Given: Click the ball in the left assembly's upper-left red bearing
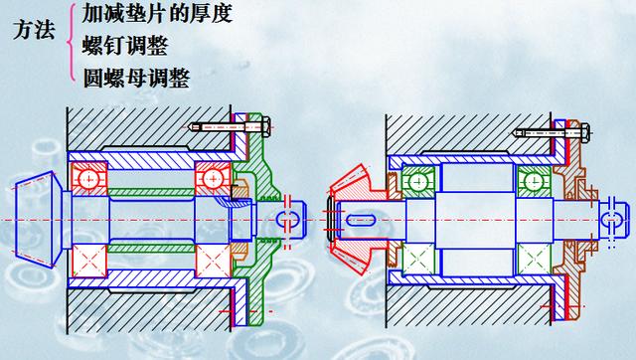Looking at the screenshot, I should pos(89,180).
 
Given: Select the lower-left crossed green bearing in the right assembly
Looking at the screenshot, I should pos(417,257).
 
